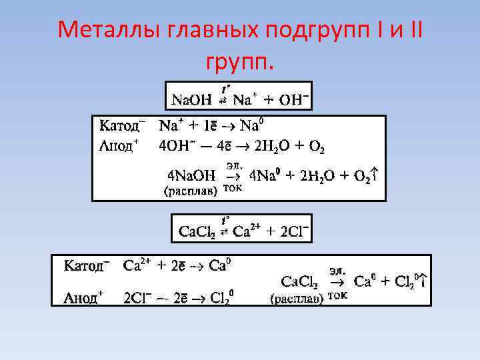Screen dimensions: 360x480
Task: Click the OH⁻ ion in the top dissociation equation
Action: (x=293, y=100)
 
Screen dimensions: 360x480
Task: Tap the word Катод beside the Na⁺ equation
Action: (x=120, y=126)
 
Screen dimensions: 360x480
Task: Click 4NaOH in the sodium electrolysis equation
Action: (x=191, y=176)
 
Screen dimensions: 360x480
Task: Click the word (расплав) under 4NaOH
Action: (x=190, y=191)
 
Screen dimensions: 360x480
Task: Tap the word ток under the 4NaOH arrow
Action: (x=231, y=189)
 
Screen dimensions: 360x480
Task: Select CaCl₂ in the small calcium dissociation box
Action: (x=197, y=232)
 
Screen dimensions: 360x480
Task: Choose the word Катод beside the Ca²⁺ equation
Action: (x=83, y=266)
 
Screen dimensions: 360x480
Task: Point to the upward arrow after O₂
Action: (x=377, y=175)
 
